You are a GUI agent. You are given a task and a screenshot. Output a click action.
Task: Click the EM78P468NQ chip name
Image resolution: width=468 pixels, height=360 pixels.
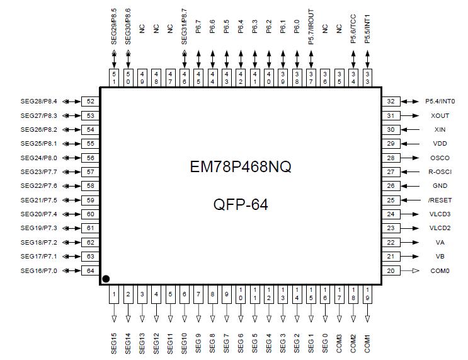pyautogui.click(x=240, y=168)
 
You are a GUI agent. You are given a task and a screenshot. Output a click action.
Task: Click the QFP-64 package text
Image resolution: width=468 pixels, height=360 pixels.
pyautogui.click(x=240, y=204)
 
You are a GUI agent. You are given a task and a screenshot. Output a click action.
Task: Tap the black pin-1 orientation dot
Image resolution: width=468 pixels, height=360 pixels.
pyautogui.click(x=106, y=279)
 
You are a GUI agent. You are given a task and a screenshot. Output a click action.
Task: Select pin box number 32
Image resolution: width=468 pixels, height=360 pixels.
pyautogui.click(x=391, y=101)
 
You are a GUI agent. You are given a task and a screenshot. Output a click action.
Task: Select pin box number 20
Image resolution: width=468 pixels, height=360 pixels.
pyautogui.click(x=391, y=270)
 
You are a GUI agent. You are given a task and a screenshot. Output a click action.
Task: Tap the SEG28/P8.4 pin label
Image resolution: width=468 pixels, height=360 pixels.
pyautogui.click(x=38, y=101)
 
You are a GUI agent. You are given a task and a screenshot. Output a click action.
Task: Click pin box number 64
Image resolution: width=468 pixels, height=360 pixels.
pyautogui.click(x=91, y=270)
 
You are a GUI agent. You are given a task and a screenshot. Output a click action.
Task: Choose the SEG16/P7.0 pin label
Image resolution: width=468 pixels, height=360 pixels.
pyautogui.click(x=38, y=270)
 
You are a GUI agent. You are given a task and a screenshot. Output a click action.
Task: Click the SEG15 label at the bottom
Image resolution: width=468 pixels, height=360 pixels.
pyautogui.click(x=114, y=340)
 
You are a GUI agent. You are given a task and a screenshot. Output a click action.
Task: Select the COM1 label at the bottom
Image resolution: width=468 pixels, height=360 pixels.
pyautogui.click(x=367, y=342)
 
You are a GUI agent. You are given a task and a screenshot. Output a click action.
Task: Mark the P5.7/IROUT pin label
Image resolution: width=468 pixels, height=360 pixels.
pyautogui.click(x=311, y=26)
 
